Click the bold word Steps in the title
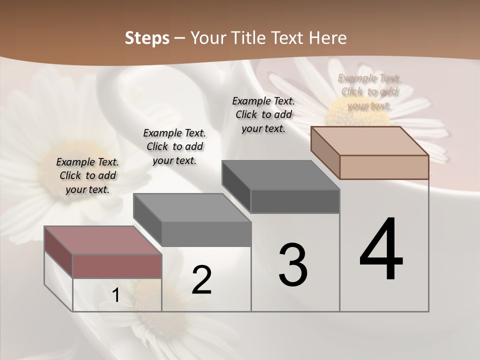tap(147, 38)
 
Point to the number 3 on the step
tap(292, 264)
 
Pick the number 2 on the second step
tap(201, 280)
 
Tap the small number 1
tap(116, 295)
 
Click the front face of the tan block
tap(384, 167)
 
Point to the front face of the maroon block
tap(117, 266)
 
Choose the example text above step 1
tap(87, 176)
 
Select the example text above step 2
tap(174, 147)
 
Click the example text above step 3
tap(263, 115)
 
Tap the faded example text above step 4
tap(369, 92)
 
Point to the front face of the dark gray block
tap(295, 201)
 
